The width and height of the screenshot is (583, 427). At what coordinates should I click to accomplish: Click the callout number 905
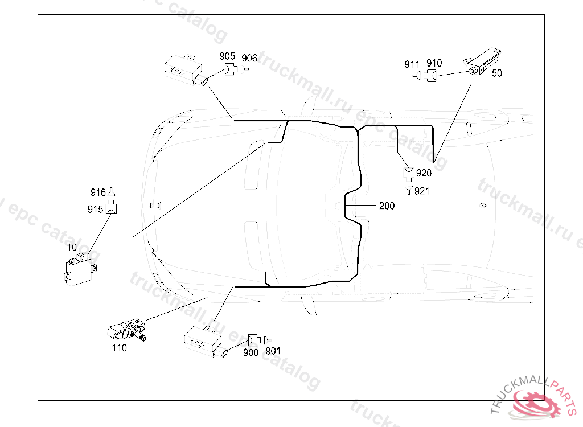pos(227,56)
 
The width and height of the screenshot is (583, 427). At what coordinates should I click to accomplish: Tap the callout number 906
pos(249,58)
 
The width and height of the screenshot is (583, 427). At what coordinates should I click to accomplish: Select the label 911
pos(412,64)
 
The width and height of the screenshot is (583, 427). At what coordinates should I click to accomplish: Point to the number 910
pos(434,63)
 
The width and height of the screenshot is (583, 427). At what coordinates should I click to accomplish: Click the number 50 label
pos(496,73)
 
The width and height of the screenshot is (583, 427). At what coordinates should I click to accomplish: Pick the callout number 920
pos(424,173)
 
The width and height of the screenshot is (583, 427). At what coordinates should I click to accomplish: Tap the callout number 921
pos(422,191)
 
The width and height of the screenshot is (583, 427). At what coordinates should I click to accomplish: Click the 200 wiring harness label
pos(387,206)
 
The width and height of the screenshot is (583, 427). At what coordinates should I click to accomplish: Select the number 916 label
pos(98,192)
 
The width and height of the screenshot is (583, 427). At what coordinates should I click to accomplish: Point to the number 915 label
pos(95,210)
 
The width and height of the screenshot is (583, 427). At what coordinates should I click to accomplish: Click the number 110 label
pos(119,348)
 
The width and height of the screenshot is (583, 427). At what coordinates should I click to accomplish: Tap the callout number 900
pos(251,352)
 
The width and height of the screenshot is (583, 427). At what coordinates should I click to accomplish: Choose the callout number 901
pos(273,351)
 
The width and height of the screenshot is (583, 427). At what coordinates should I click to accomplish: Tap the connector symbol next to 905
pos(231,71)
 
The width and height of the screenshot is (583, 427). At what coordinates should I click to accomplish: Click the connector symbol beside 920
pos(408,173)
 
